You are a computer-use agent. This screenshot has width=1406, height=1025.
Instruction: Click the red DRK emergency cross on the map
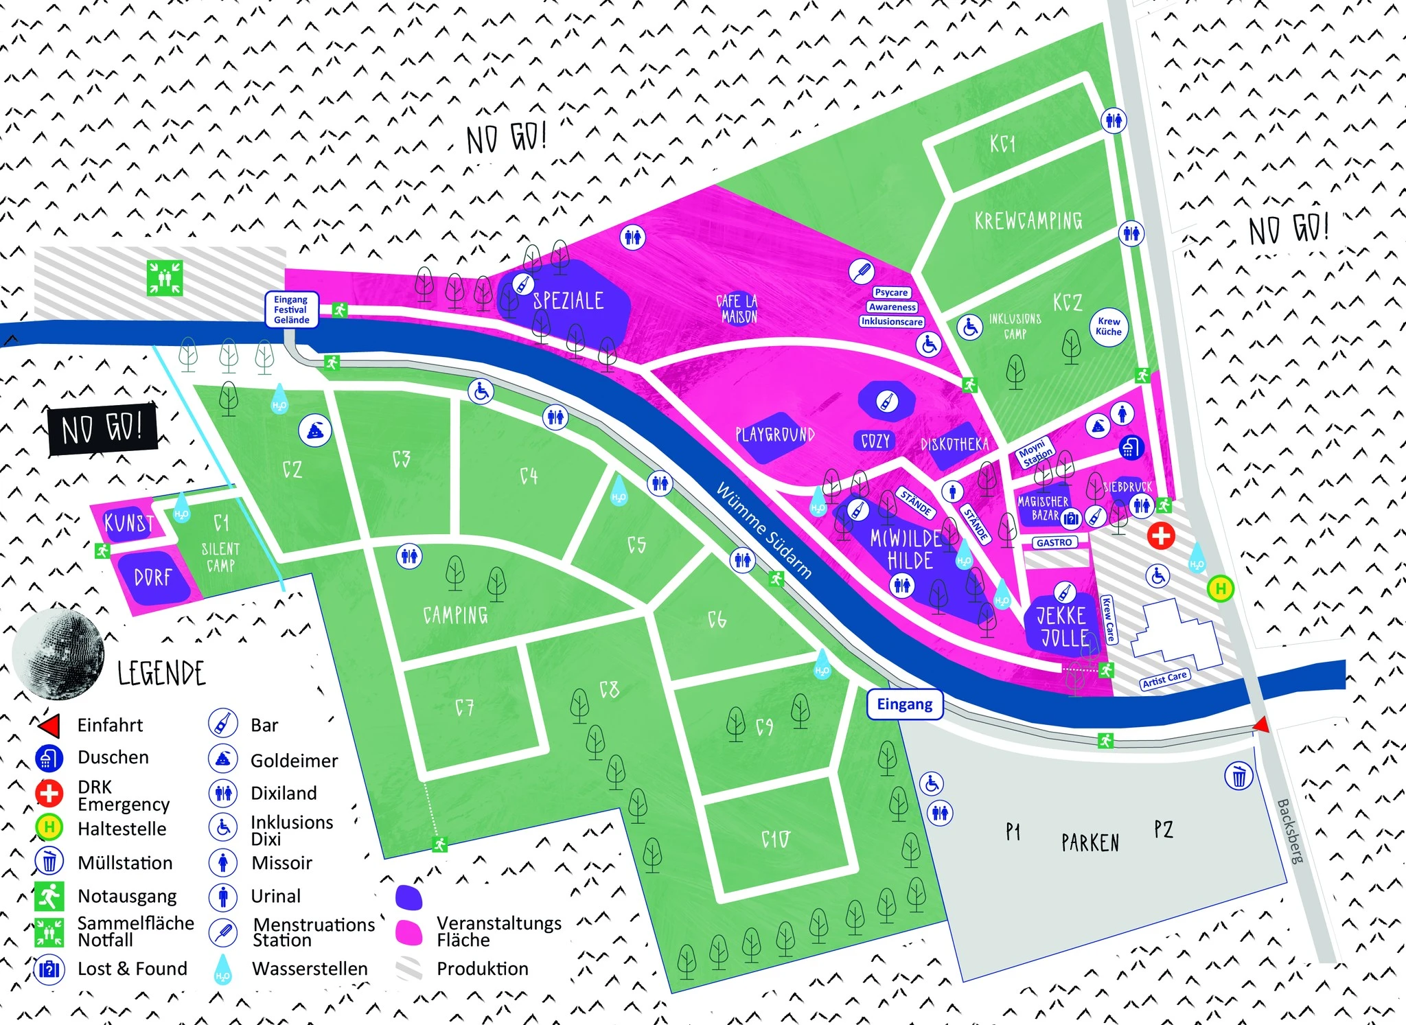coord(1161,535)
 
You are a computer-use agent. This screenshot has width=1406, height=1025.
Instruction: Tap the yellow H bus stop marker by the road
coord(1220,588)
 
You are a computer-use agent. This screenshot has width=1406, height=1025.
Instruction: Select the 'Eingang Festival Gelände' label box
coord(292,310)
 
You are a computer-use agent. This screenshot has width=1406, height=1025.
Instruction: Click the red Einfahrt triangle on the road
coord(1261,725)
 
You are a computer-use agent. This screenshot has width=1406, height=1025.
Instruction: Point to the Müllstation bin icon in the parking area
coord(1238,776)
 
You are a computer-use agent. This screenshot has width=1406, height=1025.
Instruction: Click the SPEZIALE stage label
coord(568,301)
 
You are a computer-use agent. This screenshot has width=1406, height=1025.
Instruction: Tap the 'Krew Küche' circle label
coord(1109,326)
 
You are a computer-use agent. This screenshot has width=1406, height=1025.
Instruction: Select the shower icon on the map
coord(1130,448)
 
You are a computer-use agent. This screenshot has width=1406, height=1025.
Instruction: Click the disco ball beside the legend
coord(58,649)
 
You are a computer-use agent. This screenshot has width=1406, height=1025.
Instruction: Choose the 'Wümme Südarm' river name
coord(764,530)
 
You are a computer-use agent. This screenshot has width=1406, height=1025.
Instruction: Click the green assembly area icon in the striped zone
coord(165,277)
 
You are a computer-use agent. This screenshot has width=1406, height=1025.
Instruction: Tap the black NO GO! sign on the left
coord(102,430)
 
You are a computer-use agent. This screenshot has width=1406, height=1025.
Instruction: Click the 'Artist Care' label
coord(1164,679)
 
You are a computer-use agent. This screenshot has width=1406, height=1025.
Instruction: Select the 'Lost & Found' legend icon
coord(49,969)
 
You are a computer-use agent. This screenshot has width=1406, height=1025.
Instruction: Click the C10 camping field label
coord(776,839)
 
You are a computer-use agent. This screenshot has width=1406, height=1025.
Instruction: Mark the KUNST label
coord(128,523)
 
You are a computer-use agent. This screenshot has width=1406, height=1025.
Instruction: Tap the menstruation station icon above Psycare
coord(861,271)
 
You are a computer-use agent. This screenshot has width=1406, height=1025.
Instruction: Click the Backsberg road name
coord(1289,831)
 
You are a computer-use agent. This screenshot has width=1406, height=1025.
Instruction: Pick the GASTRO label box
coord(1054,542)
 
